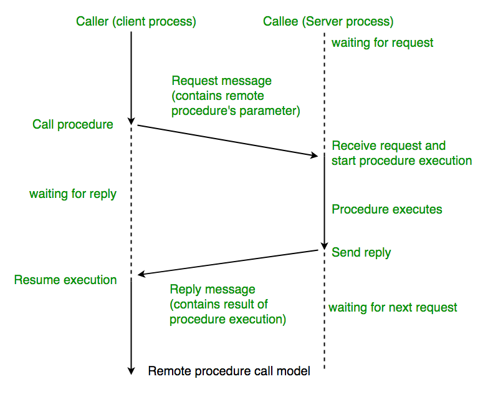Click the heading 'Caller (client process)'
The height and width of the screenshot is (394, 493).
136,22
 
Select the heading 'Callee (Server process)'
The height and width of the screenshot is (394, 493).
328,22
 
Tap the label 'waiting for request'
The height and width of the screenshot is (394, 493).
382,43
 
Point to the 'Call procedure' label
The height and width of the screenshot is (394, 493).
73,124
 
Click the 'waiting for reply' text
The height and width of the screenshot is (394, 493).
73,194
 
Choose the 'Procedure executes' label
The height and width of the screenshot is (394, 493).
386,209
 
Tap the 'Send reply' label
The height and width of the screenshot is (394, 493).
361,252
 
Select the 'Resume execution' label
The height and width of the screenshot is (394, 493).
65,280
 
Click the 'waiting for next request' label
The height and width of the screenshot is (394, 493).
393,307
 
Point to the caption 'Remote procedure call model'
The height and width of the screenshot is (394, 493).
229,371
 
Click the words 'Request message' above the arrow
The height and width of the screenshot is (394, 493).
221,81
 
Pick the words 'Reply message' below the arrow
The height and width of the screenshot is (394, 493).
213,290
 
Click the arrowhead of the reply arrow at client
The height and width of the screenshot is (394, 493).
142,274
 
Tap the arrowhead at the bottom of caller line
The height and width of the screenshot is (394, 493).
131,370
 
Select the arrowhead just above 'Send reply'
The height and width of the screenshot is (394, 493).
324,245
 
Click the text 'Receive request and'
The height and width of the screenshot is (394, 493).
388,145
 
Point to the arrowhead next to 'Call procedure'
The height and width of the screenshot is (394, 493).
131,121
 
